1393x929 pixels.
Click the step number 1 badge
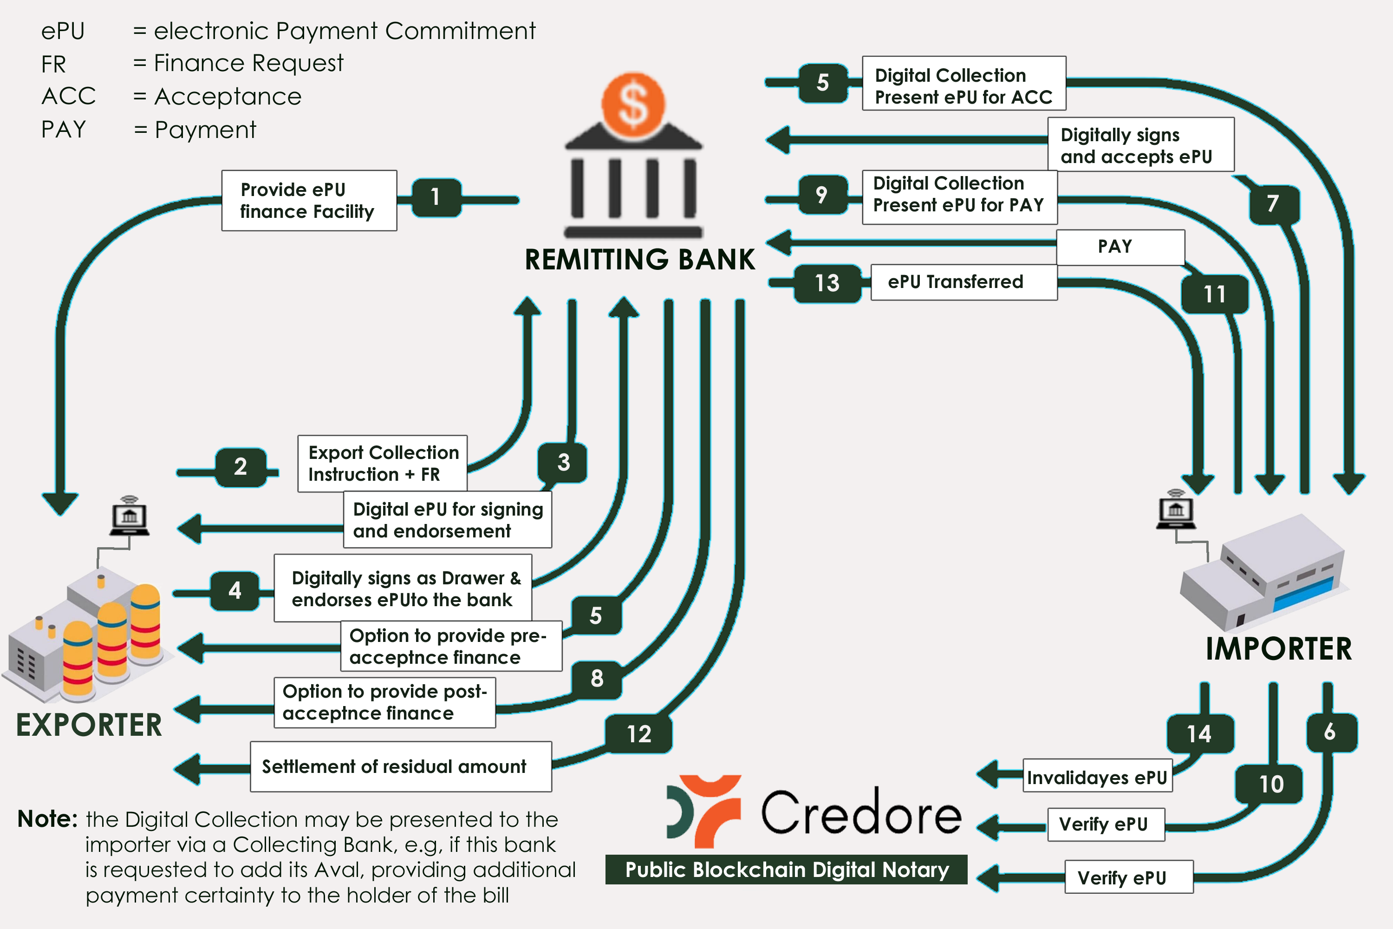coord(436,197)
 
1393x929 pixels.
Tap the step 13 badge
coord(827,283)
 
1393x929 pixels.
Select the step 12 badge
coord(638,734)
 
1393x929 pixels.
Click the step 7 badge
coord(1273,204)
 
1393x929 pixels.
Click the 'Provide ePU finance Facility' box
coord(309,201)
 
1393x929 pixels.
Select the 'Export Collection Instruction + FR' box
coord(383,463)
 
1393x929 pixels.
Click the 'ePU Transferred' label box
coord(963,282)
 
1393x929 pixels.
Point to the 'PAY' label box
coord(1120,247)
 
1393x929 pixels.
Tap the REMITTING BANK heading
coord(640,260)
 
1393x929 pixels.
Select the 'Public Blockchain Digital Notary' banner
coord(786,869)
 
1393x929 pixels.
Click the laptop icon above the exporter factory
coord(129,517)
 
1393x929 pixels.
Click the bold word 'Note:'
coord(47,819)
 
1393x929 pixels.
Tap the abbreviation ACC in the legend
coord(69,97)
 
